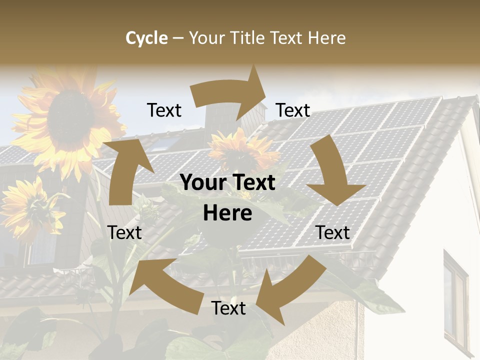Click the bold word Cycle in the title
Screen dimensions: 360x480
[146, 38]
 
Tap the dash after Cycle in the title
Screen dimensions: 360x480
[178, 38]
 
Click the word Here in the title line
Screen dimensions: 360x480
[326, 38]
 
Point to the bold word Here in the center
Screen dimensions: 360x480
[227, 213]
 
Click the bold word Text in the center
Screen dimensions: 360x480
[252, 183]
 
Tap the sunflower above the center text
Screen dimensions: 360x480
[242, 150]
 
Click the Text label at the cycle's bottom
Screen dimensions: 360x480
[228, 308]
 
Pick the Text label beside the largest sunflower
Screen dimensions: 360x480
[164, 110]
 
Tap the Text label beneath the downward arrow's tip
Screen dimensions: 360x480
[333, 232]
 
